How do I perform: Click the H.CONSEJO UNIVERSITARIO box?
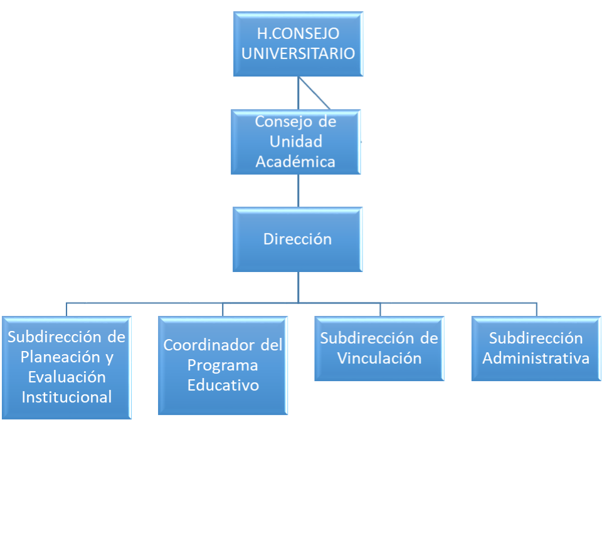click(298, 44)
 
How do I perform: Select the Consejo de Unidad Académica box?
click(296, 142)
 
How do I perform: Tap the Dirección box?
click(298, 239)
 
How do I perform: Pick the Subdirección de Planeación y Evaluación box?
click(66, 367)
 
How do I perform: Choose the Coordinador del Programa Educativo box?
click(223, 365)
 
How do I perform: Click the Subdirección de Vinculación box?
click(379, 349)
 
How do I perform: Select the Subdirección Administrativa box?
click(536, 349)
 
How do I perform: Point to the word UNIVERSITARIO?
click(298, 53)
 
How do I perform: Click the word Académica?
click(295, 162)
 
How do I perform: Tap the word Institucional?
click(66, 397)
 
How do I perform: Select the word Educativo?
click(223, 385)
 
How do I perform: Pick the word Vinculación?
click(379, 359)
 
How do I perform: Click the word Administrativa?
click(536, 359)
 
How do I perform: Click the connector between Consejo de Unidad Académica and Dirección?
click(298, 191)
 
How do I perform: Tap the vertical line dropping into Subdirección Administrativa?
click(536, 310)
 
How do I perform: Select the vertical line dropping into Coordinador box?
click(223, 310)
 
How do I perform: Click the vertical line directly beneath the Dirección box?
click(298, 286)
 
